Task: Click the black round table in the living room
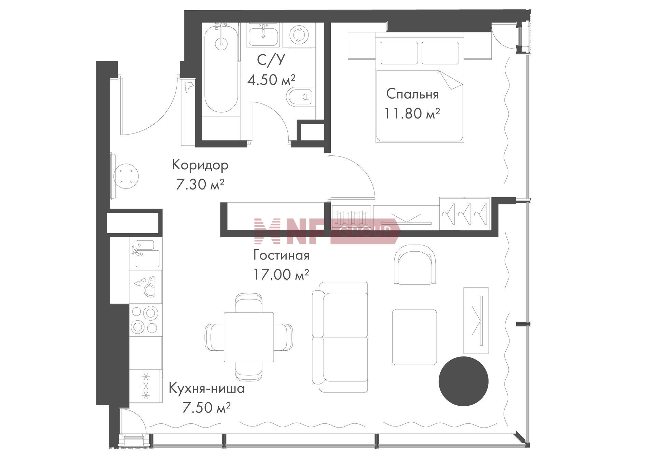pyautogui.click(x=463, y=381)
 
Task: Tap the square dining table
pyautogui.click(x=249, y=337)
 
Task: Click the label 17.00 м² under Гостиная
pyautogui.click(x=281, y=274)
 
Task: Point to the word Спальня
pyautogui.click(x=412, y=94)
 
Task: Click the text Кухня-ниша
pyautogui.click(x=207, y=389)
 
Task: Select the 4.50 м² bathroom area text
pyautogui.click(x=271, y=80)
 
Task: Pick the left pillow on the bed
pyautogui.click(x=399, y=53)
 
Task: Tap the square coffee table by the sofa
pyautogui.click(x=414, y=337)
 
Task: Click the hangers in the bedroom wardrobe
pyautogui.click(x=464, y=213)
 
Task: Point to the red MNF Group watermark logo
pyautogui.click(x=327, y=231)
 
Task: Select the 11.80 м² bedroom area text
pyautogui.click(x=412, y=113)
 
